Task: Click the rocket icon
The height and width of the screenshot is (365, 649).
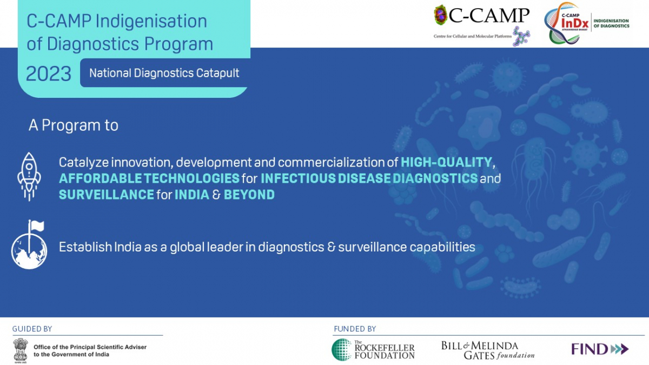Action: [29, 176]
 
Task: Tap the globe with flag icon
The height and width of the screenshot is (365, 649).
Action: [29, 244]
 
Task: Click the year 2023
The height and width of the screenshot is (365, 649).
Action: [48, 74]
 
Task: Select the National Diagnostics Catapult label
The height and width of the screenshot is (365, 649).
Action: [164, 73]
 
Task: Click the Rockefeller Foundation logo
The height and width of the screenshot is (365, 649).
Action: [373, 350]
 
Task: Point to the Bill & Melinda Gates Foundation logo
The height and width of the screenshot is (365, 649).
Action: [488, 350]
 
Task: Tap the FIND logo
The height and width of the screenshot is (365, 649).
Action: [600, 349]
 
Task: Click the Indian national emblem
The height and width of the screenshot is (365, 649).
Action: [21, 350]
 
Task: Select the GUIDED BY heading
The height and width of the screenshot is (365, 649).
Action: [32, 329]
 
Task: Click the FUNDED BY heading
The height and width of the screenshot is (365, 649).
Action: [355, 329]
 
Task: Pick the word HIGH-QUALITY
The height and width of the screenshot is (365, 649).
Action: [446, 162]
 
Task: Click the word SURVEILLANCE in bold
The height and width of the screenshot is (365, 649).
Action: [107, 195]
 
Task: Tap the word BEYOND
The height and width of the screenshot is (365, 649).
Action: [249, 195]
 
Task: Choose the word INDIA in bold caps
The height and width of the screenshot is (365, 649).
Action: [192, 195]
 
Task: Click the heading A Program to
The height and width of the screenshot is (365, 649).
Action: [74, 125]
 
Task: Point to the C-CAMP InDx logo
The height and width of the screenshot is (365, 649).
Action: [587, 23]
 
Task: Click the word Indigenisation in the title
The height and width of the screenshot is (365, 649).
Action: [151, 22]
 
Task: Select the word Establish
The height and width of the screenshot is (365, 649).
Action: [85, 247]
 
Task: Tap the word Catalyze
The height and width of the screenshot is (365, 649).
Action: [83, 163]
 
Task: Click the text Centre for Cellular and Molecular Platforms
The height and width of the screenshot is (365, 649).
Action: [473, 36]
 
